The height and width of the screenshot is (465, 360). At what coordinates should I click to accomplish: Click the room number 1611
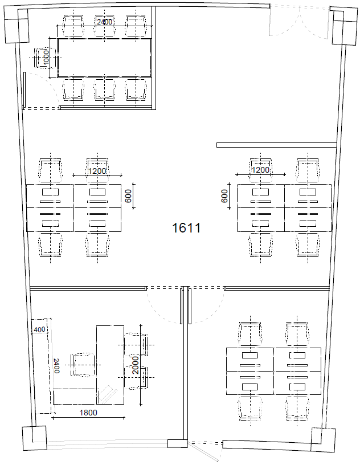[x=186, y=228]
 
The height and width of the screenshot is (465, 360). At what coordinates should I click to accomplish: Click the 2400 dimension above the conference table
[x=104, y=22]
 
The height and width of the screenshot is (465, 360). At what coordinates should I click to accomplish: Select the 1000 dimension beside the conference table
[x=46, y=57]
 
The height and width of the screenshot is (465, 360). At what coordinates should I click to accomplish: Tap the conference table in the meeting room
[x=104, y=58]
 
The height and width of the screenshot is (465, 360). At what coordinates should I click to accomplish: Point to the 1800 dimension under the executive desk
[x=88, y=413]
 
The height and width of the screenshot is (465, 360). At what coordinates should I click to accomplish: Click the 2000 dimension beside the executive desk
[x=135, y=365]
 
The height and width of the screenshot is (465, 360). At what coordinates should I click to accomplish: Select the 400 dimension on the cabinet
[x=39, y=329]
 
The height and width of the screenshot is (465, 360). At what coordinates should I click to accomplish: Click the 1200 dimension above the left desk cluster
[x=97, y=171]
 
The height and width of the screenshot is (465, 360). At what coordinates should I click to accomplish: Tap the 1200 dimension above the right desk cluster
[x=260, y=170]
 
